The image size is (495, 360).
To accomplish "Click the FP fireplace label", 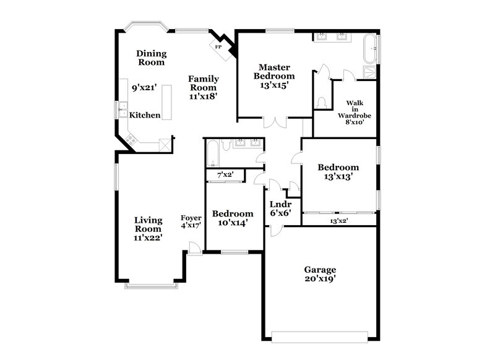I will tap(218, 47).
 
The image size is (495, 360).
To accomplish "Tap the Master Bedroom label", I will tap(277, 76).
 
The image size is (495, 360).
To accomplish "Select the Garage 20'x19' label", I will tap(320, 274).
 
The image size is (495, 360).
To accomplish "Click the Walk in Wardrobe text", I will tap(353, 113).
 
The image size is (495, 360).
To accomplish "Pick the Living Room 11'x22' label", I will tap(148, 228).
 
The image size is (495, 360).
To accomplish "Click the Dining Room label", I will tap(151, 58).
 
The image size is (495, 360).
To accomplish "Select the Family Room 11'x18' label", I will tap(203, 87).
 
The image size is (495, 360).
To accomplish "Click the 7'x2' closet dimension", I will tap(225, 176).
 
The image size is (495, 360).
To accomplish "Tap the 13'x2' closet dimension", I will tap(338, 220).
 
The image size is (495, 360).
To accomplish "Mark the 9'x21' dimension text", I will tap(143, 88).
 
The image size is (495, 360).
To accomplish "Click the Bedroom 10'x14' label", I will tap(233, 218).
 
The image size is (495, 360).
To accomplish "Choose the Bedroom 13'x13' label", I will tap(338, 171).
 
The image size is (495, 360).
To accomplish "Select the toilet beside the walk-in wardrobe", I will tap(321, 103).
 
